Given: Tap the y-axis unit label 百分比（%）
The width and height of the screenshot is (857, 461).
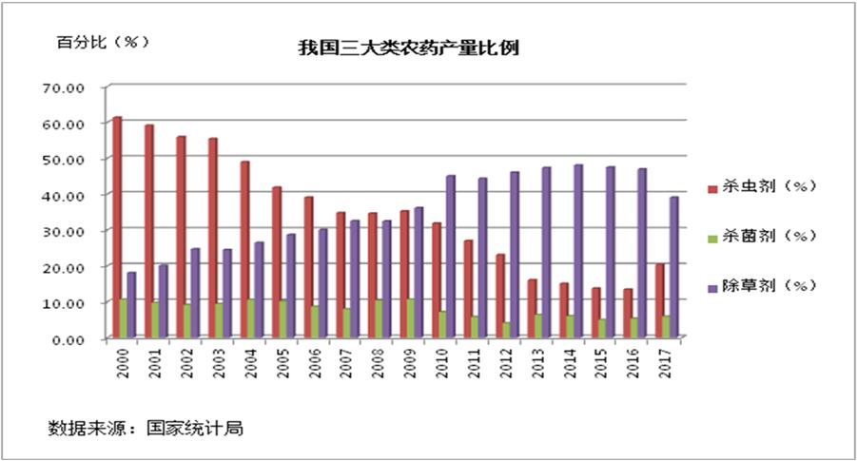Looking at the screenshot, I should click(x=91, y=42).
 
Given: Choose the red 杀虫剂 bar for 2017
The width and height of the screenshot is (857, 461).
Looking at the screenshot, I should click(x=659, y=300).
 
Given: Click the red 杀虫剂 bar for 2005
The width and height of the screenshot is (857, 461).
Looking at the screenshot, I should click(x=277, y=261).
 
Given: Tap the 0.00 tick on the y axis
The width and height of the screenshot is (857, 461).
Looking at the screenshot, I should click(x=69, y=338).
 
